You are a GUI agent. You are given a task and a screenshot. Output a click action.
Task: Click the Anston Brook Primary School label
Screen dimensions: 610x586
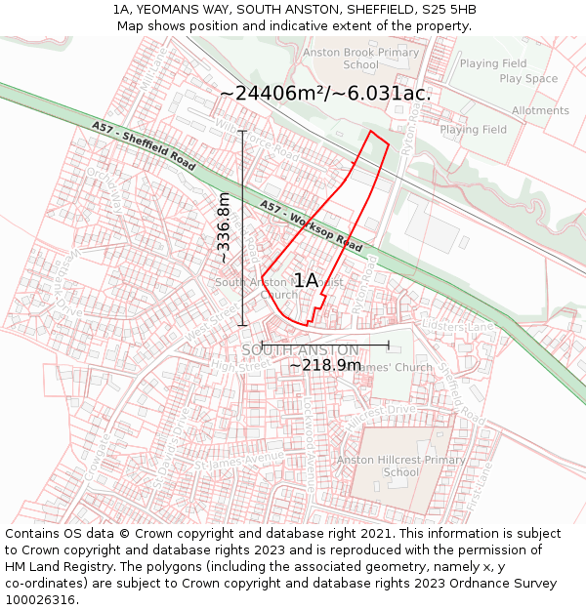(x=360, y=59)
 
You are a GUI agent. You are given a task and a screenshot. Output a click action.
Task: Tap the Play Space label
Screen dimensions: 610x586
(x=528, y=79)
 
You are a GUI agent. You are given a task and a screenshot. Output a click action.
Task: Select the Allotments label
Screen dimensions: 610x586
(x=540, y=111)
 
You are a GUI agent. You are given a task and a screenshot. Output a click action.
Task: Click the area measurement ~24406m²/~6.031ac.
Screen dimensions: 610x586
(x=325, y=94)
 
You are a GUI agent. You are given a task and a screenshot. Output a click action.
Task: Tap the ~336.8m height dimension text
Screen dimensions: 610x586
(x=224, y=227)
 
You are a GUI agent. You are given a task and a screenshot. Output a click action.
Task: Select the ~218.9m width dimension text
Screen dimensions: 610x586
(x=325, y=365)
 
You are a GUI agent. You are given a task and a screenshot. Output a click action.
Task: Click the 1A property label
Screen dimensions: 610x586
(x=306, y=280)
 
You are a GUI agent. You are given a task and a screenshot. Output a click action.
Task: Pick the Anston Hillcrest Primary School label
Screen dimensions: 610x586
(x=400, y=466)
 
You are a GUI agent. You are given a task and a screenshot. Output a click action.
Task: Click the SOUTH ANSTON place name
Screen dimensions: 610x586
(x=300, y=349)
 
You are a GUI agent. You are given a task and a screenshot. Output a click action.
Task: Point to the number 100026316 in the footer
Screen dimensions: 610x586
(x=42, y=600)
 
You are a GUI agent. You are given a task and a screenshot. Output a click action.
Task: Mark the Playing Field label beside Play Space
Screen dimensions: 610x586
(x=493, y=64)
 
